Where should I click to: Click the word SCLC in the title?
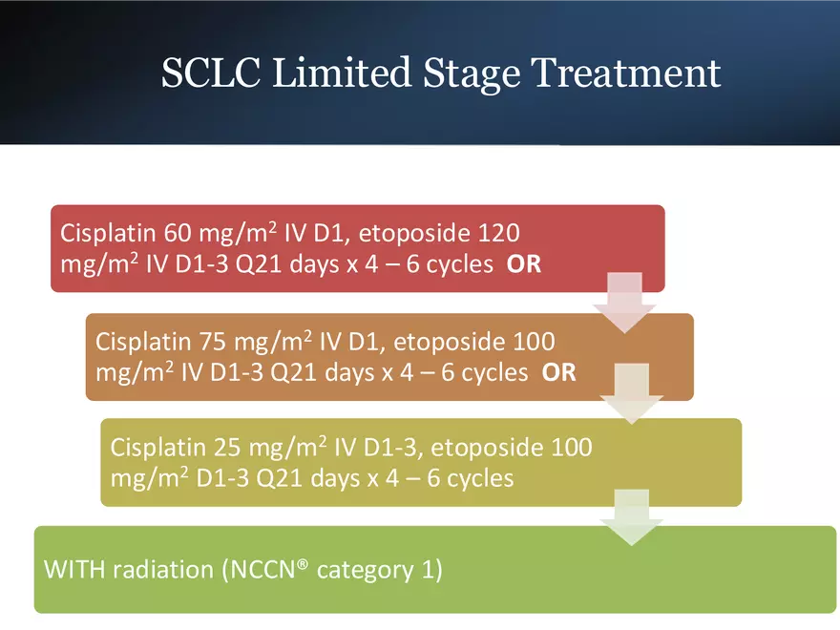point(211,73)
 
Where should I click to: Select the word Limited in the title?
point(343,73)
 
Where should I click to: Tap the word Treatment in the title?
point(626,73)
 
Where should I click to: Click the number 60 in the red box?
point(178,233)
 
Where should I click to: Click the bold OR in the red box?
point(524,264)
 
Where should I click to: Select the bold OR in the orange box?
point(558,372)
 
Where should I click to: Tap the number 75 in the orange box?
point(213,342)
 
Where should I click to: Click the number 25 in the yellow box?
point(227,448)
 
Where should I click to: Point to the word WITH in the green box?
point(73,570)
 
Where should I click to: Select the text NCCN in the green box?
point(262,570)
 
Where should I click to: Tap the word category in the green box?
point(366,571)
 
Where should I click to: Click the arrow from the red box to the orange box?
point(624,303)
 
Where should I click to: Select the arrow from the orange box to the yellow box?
point(632,393)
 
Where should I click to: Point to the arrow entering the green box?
point(632,517)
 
